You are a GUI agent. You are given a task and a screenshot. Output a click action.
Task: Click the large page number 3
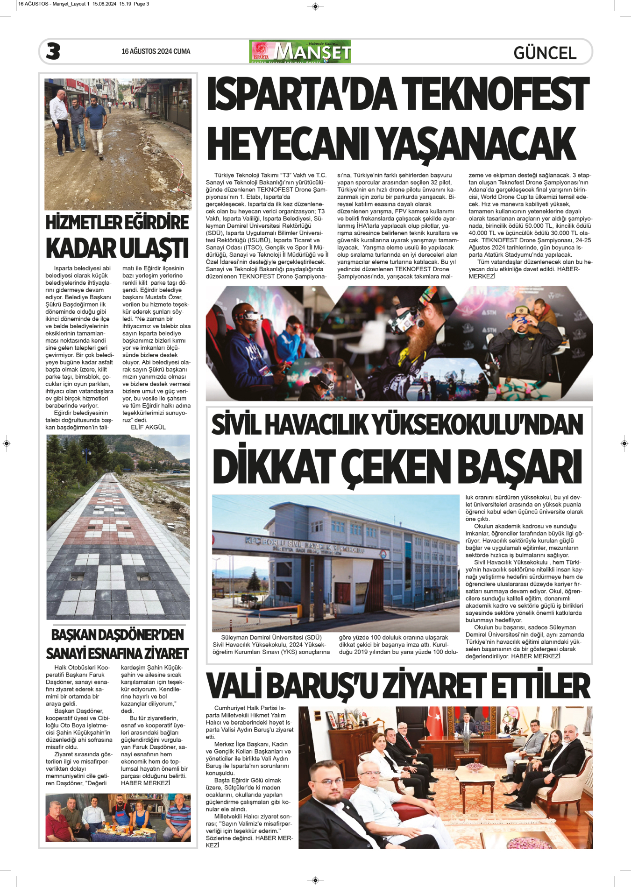tap(53, 51)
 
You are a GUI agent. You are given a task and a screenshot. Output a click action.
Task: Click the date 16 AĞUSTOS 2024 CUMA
tap(156, 51)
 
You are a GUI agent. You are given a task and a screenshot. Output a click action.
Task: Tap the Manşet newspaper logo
tap(300, 52)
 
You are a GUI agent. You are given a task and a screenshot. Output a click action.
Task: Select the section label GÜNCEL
tap(545, 53)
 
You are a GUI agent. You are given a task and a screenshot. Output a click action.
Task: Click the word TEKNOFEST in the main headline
tap(495, 94)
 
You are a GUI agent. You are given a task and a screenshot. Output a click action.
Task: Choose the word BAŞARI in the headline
tap(519, 466)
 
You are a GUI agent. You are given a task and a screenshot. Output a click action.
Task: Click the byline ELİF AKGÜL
tap(148, 427)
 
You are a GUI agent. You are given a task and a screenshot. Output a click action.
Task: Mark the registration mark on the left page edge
tap(7, 443)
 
